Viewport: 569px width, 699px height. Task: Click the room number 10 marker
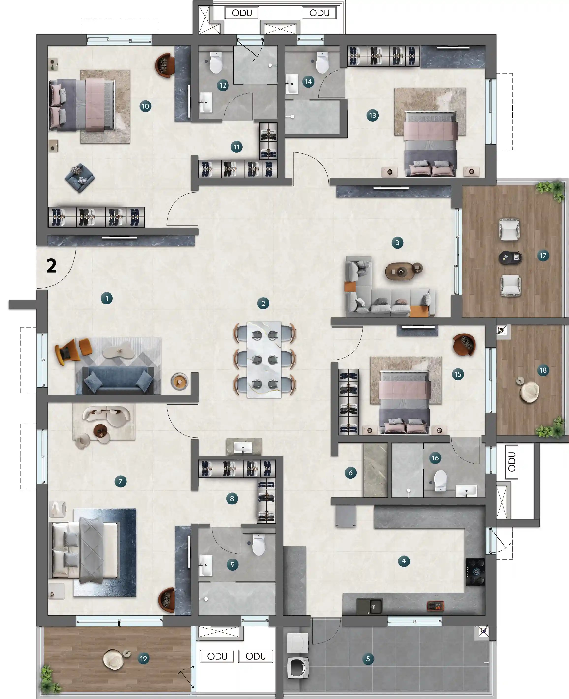click(145, 106)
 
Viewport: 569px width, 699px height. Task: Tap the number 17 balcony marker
click(543, 256)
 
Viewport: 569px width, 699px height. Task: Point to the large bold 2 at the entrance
click(51, 265)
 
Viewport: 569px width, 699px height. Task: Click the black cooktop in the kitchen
click(475, 572)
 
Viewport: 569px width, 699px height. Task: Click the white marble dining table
click(264, 359)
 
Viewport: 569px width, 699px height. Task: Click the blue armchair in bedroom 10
click(80, 178)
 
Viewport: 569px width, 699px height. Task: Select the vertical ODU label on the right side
click(512, 462)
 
